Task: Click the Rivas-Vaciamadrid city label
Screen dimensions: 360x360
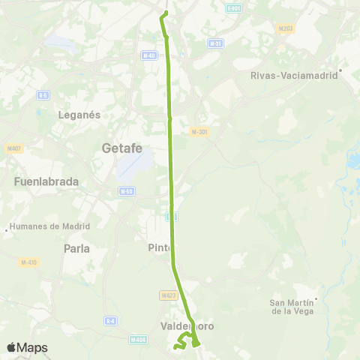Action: click(x=295, y=75)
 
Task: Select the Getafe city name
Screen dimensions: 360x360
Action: click(x=122, y=148)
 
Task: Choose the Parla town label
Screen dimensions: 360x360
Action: click(x=77, y=248)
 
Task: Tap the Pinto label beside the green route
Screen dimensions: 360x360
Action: click(x=160, y=248)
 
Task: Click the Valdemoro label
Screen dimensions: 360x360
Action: click(x=187, y=326)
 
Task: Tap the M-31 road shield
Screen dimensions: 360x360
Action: click(x=216, y=43)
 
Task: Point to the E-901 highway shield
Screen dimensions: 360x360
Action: click(x=233, y=8)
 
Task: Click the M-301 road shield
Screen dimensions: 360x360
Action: click(x=199, y=132)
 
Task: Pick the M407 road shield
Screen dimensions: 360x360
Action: click(x=14, y=148)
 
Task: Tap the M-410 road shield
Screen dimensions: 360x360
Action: click(x=28, y=262)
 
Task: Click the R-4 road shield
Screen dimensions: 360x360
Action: click(x=111, y=321)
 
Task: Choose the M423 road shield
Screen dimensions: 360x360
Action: click(x=168, y=295)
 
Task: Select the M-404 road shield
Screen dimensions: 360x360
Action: click(x=137, y=340)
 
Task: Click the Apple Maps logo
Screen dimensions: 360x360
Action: click(x=27, y=347)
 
